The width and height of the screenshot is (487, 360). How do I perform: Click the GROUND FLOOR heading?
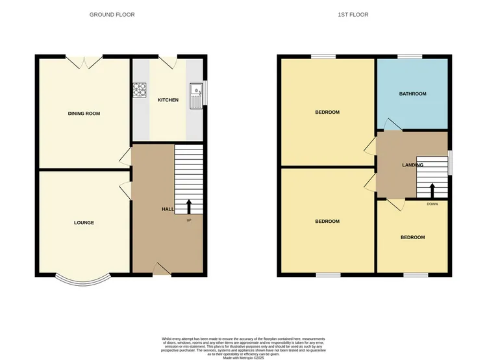(112, 14)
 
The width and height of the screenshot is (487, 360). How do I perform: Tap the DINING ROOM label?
(84, 114)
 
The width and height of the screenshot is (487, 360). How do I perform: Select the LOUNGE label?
(84, 223)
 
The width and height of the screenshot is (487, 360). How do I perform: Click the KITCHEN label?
(168, 100)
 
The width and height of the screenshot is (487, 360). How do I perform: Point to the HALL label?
(167, 209)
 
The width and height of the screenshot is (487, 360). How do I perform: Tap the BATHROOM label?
(412, 94)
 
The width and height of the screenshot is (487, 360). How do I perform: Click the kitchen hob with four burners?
(140, 90)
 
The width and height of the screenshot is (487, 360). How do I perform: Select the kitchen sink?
(196, 95)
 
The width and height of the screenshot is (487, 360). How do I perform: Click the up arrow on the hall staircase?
(189, 207)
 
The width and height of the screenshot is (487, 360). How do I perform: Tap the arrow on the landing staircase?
(432, 188)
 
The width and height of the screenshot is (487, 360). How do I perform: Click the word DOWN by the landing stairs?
(432, 204)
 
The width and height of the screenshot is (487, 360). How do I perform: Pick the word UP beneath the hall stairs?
(189, 220)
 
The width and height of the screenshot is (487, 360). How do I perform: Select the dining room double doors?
(84, 62)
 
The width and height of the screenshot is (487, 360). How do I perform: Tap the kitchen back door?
(168, 62)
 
